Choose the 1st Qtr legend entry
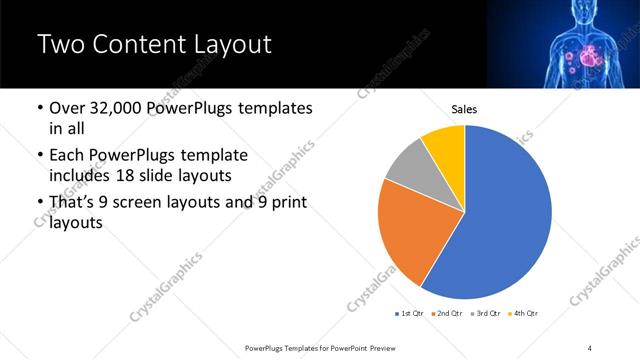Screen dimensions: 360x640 410,314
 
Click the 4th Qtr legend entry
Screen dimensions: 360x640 527,314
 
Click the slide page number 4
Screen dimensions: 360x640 590,347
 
